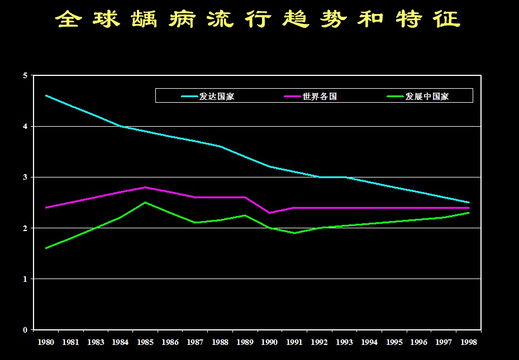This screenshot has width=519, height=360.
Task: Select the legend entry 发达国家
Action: click(217, 97)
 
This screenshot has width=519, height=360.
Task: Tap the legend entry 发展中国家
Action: click(427, 97)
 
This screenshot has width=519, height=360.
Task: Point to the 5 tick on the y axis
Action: click(25, 76)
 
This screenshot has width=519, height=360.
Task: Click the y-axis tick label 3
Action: click(25, 177)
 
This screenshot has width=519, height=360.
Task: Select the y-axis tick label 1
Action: click(25, 279)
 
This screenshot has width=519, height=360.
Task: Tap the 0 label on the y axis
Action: click(25, 330)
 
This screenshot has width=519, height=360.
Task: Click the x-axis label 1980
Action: click(46, 342)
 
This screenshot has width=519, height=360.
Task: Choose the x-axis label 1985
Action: click(145, 342)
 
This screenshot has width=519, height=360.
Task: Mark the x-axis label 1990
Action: click(270, 342)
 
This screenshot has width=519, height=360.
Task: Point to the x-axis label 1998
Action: click(469, 342)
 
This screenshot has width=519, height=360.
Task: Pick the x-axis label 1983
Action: click(96, 342)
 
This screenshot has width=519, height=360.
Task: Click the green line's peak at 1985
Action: click(145, 202)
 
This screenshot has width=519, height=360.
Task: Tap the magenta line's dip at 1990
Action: click(270, 213)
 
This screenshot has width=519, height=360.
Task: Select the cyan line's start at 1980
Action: click(46, 95)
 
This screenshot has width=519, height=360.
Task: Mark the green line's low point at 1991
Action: click(294, 233)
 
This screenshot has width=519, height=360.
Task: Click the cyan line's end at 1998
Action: click(469, 202)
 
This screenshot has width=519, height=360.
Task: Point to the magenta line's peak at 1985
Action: click(145, 187)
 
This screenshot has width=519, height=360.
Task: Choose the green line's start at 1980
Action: click(46, 248)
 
